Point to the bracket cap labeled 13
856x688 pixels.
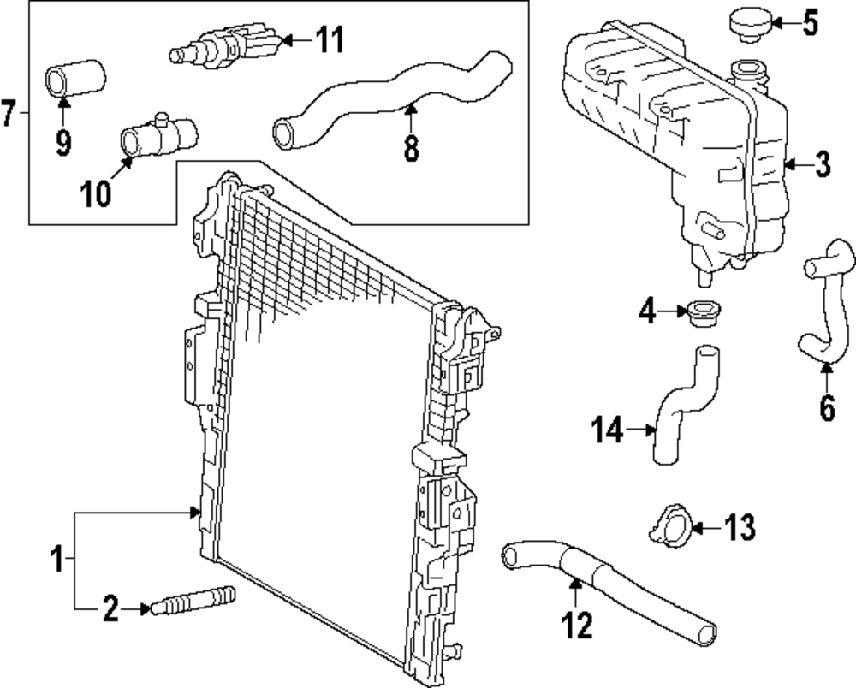668,524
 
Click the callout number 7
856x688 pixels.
9,112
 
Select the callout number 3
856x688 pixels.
822,164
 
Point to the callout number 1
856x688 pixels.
56,560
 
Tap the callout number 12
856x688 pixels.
577,626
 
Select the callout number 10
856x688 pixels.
96,193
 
